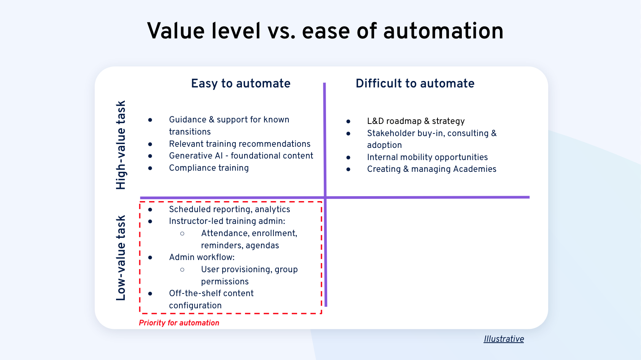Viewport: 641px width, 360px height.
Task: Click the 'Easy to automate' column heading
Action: coord(240,84)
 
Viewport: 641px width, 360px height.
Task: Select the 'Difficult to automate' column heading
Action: coord(415,84)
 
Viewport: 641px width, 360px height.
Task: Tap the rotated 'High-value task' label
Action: coord(121,145)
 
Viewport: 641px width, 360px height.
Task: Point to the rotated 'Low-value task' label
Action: coord(121,258)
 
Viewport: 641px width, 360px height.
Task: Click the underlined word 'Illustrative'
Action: coord(504,339)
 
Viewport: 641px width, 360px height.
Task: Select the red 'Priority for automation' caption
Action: coord(179,323)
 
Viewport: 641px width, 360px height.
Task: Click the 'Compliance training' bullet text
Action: coord(208,168)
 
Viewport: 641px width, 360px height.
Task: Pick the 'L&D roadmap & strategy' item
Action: coord(415,121)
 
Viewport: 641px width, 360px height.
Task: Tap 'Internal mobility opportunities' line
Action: coord(427,157)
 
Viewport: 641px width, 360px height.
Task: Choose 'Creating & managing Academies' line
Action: coord(431,169)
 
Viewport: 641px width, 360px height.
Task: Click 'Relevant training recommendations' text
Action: coord(240,144)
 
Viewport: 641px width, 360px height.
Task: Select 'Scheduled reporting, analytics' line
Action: coord(229,209)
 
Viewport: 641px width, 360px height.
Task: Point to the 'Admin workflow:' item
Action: coord(202,257)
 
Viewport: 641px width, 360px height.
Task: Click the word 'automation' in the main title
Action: coord(443,31)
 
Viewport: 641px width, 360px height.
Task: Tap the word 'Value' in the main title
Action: coord(176,31)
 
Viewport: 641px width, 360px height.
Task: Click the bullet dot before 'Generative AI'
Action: coord(150,156)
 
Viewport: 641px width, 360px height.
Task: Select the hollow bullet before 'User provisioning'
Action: coord(182,270)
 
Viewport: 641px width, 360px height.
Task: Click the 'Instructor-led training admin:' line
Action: coord(227,221)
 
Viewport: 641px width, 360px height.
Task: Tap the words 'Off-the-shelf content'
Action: coord(211,293)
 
